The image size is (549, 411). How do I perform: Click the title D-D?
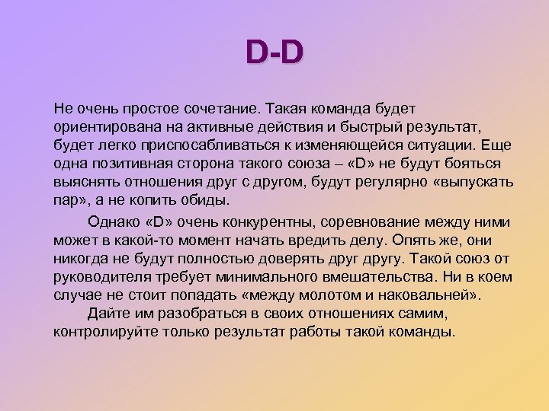tap(274, 53)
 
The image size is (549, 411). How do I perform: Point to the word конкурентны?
tap(253, 221)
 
